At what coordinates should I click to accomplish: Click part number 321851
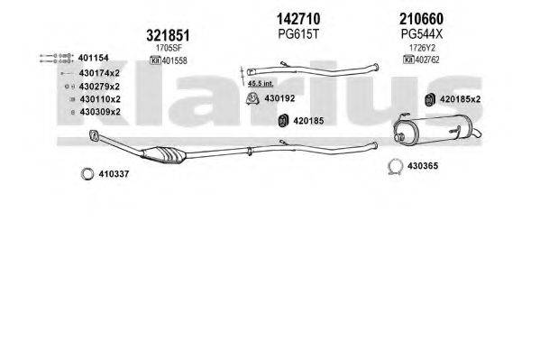(x=168, y=35)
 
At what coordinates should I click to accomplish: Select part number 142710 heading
(x=298, y=19)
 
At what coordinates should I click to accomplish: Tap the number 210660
(x=422, y=19)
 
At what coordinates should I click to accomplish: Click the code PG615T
(x=298, y=33)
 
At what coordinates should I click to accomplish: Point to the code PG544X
(x=422, y=33)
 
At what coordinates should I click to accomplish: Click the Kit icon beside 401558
(x=155, y=60)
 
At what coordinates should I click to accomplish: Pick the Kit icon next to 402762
(x=408, y=60)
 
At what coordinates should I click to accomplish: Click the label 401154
(x=94, y=58)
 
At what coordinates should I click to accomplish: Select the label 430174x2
(x=99, y=73)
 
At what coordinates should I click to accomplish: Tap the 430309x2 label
(x=100, y=112)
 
